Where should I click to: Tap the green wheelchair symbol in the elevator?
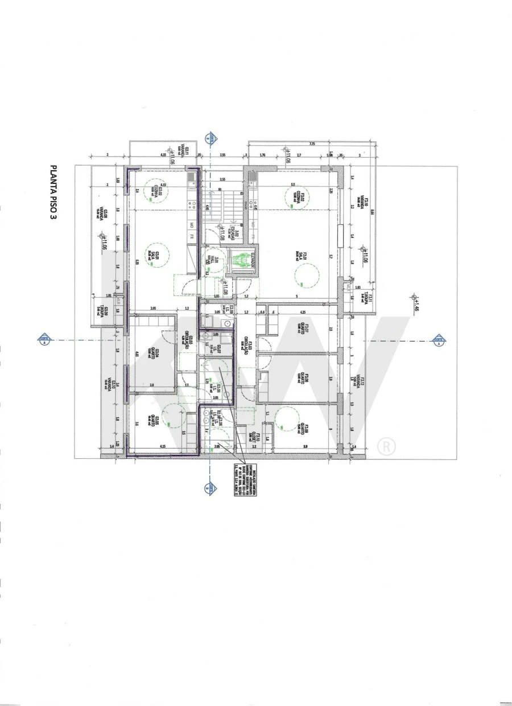[241, 260]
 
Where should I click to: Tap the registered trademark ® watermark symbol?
[386, 446]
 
